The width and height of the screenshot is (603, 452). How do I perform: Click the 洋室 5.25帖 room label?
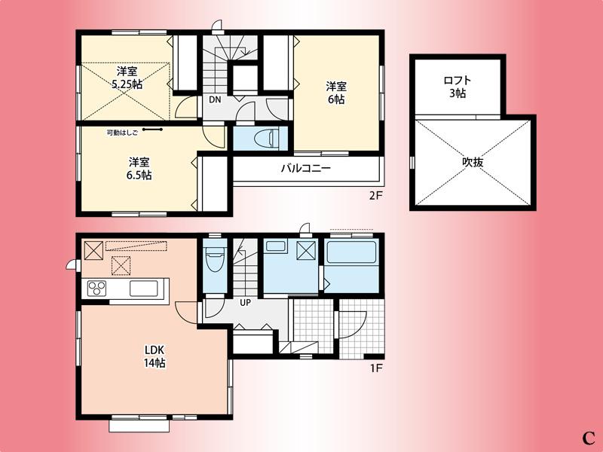coord(126,78)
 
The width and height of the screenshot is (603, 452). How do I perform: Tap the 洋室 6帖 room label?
coord(335,93)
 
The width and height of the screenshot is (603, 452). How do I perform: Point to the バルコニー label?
coord(305,169)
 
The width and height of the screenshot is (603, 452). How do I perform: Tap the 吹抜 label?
coord(473,162)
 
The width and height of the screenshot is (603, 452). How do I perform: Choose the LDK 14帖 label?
coord(155,356)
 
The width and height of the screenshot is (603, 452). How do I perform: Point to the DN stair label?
coord(214,99)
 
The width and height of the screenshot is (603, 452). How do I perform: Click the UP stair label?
coord(245,303)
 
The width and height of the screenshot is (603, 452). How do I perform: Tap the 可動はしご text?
coord(123,130)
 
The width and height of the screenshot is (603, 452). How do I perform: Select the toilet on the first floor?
coord(215,260)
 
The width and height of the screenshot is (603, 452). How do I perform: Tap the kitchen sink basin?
coord(144,289)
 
